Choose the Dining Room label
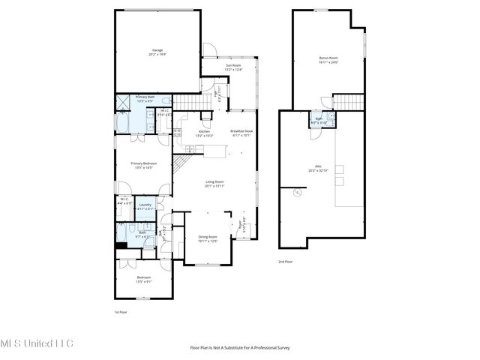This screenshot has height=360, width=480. point(208,238)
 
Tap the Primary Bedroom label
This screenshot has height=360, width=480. point(142,165)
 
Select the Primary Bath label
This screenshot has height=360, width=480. point(145,98)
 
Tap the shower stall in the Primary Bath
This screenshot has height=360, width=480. point(123,103)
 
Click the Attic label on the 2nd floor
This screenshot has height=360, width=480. point(318,169)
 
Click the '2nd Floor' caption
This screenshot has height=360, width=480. point(286,262)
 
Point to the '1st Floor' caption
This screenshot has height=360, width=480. point(121,311)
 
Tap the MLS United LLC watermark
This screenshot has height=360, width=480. point(37,343)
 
